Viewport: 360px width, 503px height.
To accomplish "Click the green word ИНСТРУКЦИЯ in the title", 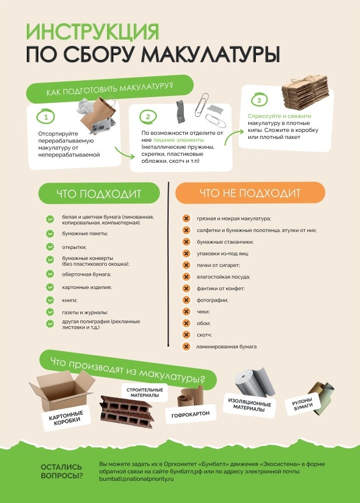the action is [92, 31].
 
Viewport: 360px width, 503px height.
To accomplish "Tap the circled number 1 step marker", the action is [45, 117].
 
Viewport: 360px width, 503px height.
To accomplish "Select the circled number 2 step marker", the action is [148, 117].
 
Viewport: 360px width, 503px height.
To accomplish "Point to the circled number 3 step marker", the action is [259, 100].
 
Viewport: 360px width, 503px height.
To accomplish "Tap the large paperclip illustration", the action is [201, 105].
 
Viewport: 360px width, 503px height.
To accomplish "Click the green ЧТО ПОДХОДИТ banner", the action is [99, 194].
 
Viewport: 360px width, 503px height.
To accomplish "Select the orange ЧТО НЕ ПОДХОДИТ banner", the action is [250, 193].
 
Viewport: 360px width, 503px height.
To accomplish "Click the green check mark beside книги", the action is [50, 300].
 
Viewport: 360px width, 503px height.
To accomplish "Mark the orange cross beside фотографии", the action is [186, 300].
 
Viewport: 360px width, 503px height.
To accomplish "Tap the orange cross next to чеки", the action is [186, 312].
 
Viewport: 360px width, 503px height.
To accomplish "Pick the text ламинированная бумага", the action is [226, 347].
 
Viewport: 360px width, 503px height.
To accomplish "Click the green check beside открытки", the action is [50, 247].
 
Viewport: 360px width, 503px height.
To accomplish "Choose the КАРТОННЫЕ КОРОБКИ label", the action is [66, 418].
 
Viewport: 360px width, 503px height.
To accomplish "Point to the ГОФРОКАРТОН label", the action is [190, 415].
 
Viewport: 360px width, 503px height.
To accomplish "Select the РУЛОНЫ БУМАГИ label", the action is [303, 405].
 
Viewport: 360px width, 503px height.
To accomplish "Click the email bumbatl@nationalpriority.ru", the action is [136, 479].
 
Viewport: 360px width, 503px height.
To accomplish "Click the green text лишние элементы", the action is [179, 140].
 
